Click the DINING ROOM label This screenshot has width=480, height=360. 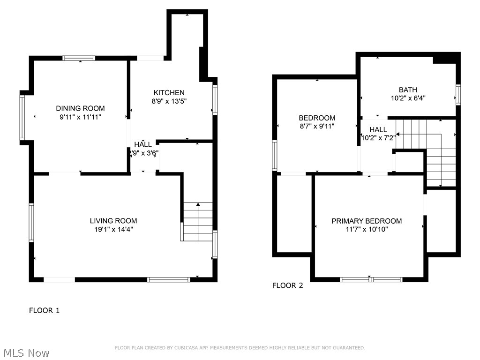(x=80, y=108)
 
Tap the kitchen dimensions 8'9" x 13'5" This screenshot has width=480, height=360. (x=169, y=101)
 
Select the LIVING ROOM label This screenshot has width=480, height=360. (x=113, y=221)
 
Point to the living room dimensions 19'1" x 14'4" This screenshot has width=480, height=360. (x=113, y=230)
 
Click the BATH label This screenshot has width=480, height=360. (x=408, y=90)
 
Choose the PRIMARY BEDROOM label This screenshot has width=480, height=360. (x=367, y=221)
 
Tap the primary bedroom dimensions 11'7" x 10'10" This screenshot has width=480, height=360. (x=367, y=229)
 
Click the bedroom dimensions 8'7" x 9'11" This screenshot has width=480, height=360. (x=317, y=126)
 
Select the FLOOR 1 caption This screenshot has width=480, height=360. (x=45, y=310)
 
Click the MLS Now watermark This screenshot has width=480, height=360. (x=26, y=352)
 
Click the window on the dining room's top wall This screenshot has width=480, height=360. (x=79, y=58)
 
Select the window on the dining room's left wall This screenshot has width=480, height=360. (x=22, y=118)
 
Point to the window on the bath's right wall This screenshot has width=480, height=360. (x=458, y=94)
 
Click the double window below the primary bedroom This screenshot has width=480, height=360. (x=371, y=279)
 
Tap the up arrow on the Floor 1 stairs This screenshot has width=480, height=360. (x=198, y=205)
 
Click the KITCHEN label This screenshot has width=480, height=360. (x=169, y=93)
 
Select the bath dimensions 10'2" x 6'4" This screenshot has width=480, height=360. (x=408, y=98)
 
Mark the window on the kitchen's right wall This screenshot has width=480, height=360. (x=215, y=99)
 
